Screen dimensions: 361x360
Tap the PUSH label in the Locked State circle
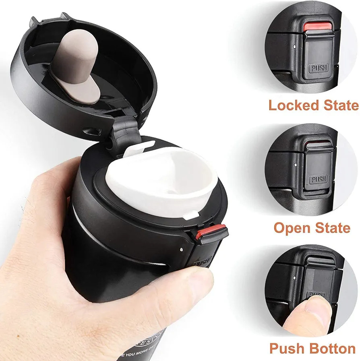pos(319,68)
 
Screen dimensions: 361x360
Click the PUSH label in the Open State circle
pos(319,179)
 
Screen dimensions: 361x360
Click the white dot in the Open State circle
pos(296,165)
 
